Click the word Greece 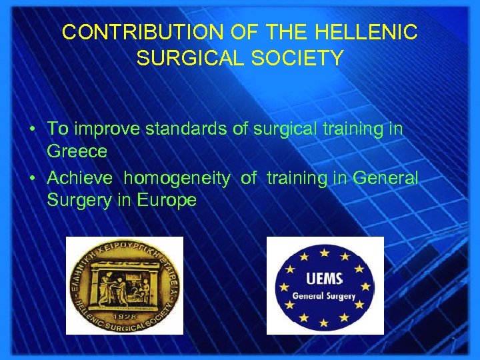click(x=77, y=152)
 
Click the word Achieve click(x=81, y=178)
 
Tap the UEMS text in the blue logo click(x=325, y=279)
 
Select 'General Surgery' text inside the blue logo click(x=325, y=295)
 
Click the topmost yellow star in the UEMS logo click(x=325, y=252)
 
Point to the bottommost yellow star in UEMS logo click(x=325, y=323)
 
